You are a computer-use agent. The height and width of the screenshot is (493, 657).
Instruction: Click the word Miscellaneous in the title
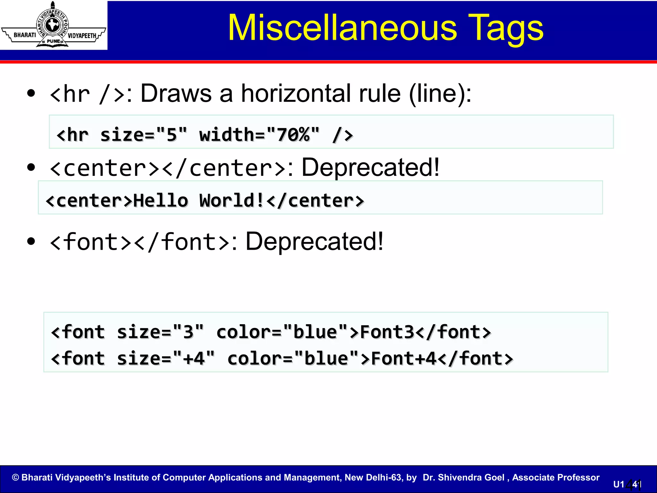[x=342, y=28]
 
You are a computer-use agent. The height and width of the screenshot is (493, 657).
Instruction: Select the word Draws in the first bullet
[x=176, y=94]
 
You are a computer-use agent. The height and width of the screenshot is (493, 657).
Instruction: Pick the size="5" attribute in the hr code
[x=143, y=134]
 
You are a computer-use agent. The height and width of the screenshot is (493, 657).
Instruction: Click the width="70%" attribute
[x=259, y=134]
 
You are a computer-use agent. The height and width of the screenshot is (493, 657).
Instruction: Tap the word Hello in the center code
[x=160, y=201]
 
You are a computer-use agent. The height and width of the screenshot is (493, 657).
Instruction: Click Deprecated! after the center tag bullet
[x=370, y=167]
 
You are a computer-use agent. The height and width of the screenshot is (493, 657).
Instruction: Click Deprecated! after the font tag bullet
[x=314, y=241]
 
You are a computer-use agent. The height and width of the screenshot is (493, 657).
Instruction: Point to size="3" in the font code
[x=160, y=332]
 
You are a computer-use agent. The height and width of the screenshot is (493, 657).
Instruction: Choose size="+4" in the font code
[x=166, y=359]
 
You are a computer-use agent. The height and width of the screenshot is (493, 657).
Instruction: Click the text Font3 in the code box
[x=387, y=332]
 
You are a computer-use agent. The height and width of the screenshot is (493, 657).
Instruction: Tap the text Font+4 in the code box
[x=404, y=359]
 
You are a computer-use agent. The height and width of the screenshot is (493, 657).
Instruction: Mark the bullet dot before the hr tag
[x=31, y=93]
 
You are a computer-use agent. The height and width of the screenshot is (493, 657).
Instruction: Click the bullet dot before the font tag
[x=31, y=241]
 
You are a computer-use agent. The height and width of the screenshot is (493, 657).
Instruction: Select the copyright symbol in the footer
[x=15, y=478]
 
